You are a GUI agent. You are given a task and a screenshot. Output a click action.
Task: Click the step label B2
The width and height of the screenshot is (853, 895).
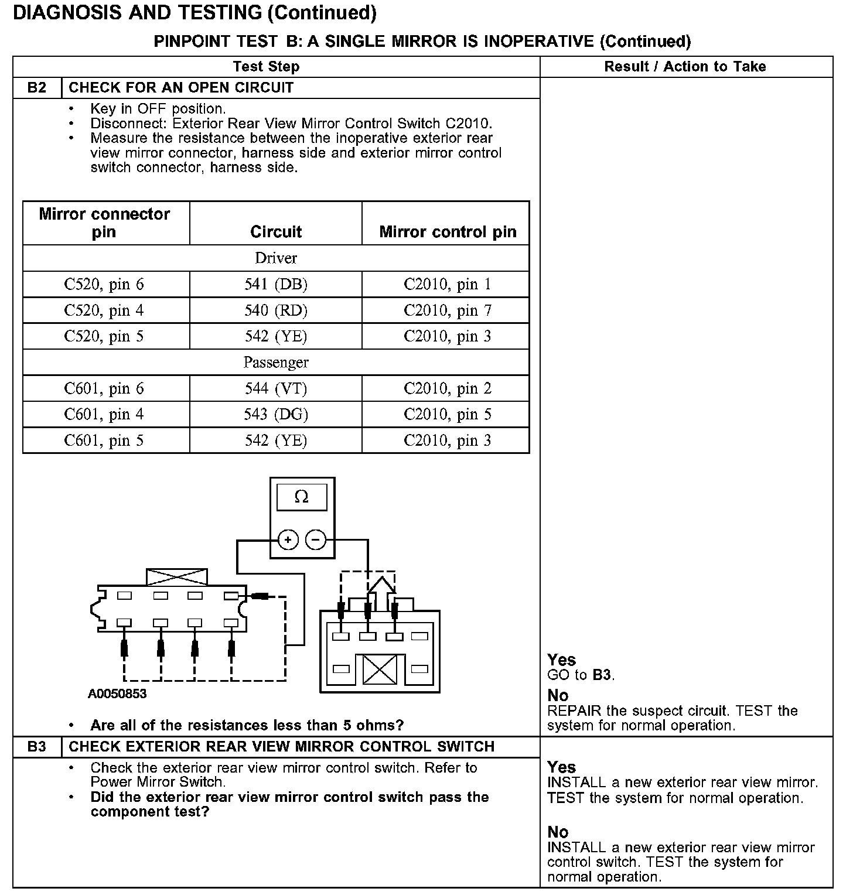36,88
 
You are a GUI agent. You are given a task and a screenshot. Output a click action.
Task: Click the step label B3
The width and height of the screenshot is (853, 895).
36,747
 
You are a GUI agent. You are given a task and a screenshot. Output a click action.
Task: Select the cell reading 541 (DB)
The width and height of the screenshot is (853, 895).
276,285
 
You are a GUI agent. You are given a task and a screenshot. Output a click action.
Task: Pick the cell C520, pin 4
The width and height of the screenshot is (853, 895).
104,310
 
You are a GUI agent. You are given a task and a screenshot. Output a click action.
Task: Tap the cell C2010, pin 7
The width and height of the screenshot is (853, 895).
447,310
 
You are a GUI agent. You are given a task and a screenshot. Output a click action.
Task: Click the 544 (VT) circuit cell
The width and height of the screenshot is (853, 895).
276,388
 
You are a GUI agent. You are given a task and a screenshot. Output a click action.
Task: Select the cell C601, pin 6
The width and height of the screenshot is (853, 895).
104,388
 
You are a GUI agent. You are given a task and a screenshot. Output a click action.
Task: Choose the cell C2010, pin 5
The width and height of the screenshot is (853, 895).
447,415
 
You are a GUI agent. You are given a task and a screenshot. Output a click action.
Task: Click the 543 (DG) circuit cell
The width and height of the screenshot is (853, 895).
276,415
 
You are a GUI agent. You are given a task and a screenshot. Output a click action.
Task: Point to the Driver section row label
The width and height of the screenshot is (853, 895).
276,258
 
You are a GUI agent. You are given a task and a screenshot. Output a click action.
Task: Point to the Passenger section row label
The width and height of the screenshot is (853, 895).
276,363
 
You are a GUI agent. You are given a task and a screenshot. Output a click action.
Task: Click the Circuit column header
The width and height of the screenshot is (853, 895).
276,231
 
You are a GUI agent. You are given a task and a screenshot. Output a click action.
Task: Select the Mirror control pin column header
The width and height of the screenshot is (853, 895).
448,231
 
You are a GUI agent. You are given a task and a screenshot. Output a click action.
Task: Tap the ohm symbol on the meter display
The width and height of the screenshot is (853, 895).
301,497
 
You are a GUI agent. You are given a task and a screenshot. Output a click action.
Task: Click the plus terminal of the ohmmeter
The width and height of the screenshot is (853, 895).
288,539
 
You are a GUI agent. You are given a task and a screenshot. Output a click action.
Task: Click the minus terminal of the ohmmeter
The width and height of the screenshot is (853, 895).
316,539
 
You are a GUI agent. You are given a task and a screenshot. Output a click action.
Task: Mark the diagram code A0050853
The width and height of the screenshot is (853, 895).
117,694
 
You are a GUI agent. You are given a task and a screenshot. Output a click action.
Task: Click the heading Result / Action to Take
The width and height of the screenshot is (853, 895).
685,67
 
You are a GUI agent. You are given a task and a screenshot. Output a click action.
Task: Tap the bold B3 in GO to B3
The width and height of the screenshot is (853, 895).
602,675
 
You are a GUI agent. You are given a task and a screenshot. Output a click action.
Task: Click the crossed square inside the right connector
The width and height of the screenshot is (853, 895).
380,669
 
